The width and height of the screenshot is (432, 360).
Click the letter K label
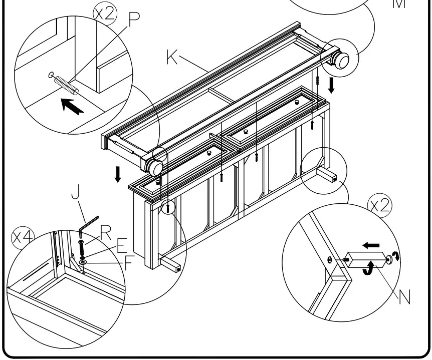(x=172, y=58)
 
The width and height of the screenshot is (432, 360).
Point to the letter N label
(x=404, y=297)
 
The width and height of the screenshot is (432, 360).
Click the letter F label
(x=129, y=263)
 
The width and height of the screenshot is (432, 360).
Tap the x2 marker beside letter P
(x=105, y=14)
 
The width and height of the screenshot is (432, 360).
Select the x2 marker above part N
(x=380, y=205)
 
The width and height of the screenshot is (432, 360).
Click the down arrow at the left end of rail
(x=118, y=174)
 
